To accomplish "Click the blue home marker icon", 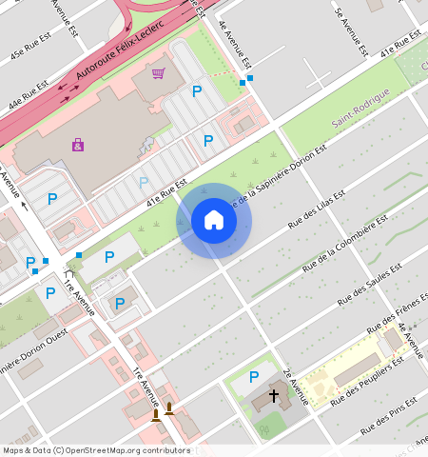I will pos(214,221).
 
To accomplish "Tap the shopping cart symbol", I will pos(159,73).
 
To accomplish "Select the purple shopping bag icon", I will pos(77,145).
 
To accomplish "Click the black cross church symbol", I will pos(274,394).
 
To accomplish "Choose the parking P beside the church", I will pos(253,377).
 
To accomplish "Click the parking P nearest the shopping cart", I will pos(197,91).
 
